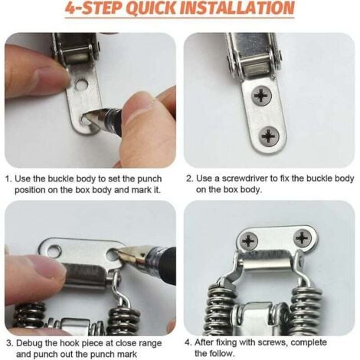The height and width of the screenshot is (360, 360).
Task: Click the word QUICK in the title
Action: pos(151,8)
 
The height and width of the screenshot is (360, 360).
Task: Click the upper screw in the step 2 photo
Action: pos(261,96)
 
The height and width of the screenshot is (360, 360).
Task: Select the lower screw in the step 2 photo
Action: pos(268,136)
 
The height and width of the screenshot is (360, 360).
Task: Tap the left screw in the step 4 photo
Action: pos(248,241)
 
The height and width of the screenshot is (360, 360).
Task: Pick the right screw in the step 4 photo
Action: pos(303,238)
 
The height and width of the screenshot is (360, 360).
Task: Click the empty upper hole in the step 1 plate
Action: pos(81,85)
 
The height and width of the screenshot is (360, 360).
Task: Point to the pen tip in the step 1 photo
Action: pos(87,116)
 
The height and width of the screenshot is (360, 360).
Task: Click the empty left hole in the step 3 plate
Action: pos(54,250)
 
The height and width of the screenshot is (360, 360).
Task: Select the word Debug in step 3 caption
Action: pos(29,344)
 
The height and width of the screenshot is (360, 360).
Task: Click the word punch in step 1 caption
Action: pos(149,178)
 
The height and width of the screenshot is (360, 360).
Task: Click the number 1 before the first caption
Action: pos(8,178)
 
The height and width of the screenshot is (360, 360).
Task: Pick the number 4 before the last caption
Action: pos(188,342)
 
